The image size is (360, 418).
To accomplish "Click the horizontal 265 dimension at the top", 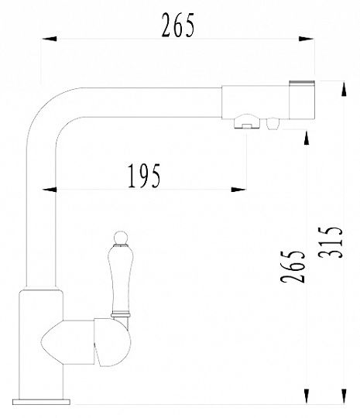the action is [178, 25].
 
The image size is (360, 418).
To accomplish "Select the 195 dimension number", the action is [144, 176].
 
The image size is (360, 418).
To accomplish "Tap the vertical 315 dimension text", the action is [330, 242].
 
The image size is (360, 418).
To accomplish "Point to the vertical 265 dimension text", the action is [293, 266].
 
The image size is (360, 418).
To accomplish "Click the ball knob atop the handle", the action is [120, 238].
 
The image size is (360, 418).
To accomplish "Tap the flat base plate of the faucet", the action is [41, 402].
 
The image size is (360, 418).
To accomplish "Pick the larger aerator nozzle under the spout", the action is [247, 122].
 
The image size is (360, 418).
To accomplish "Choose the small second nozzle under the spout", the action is [273, 124].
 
